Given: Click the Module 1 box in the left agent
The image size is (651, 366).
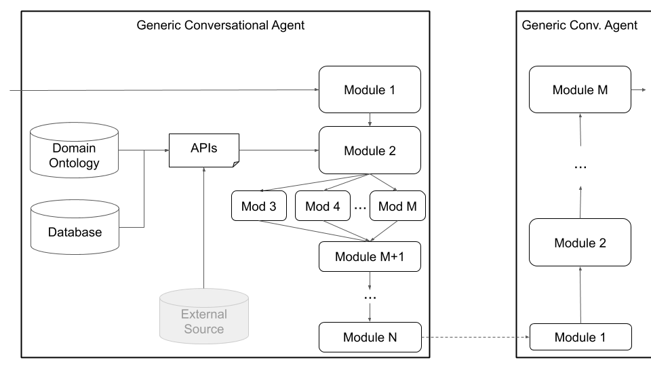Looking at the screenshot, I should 370,89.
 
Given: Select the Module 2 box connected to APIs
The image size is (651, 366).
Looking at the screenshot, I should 370,150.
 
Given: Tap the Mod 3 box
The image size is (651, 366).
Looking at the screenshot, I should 259,206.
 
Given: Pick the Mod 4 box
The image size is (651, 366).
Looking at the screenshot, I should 322,206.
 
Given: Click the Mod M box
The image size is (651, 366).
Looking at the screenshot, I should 397,206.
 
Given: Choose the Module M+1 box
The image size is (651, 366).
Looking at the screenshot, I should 370,256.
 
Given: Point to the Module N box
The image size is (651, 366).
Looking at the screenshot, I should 370,337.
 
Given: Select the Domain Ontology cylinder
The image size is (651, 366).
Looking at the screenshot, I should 75,155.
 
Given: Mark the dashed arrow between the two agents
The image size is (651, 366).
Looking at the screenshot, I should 475,337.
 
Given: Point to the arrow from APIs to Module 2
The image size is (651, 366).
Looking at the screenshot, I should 278,150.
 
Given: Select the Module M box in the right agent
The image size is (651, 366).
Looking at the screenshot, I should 580,89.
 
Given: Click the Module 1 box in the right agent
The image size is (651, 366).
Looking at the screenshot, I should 580,337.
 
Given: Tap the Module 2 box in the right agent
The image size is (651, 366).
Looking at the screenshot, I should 580,243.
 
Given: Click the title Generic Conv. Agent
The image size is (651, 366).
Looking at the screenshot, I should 580,26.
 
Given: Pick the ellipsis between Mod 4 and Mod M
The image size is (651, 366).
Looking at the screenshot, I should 359,208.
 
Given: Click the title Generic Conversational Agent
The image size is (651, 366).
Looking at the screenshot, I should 220,26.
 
